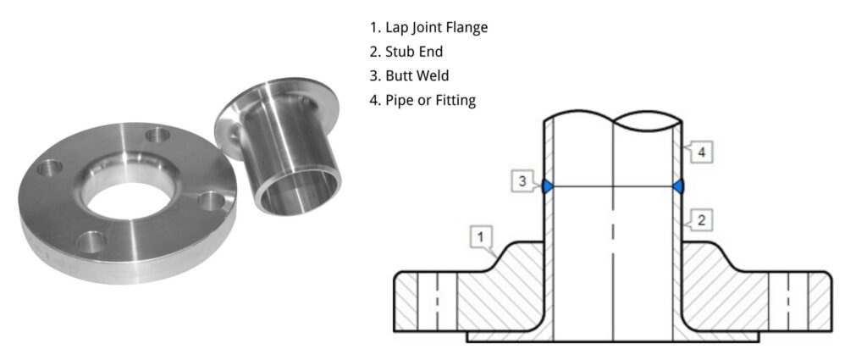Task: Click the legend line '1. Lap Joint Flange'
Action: (x=424, y=27)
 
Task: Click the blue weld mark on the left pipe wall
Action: (x=547, y=186)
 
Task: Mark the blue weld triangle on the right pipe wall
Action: (x=679, y=186)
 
